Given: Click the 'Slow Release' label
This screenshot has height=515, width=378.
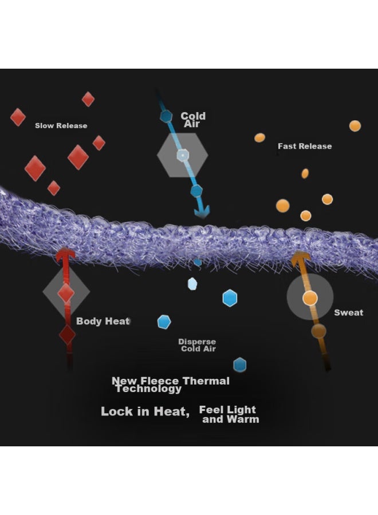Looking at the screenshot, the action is click(61, 125).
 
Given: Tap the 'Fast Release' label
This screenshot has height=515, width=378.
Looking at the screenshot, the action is click(305, 146).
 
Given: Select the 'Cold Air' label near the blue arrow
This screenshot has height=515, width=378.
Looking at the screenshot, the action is click(193, 120).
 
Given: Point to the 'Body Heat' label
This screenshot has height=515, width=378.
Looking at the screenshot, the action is click(103, 321).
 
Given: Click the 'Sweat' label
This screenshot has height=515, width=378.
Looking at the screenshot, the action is click(349, 312).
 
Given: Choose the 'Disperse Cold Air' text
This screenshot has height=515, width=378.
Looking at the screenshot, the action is click(197, 345).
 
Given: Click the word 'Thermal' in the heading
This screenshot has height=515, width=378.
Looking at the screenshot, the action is click(206, 381).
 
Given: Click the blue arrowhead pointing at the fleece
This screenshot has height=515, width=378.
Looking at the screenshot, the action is click(202, 212).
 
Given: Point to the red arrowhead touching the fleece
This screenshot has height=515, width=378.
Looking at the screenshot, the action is click(65, 255).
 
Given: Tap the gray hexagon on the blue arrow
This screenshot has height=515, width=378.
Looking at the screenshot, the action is click(183, 155).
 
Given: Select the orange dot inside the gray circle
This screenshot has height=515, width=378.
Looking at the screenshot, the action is click(310, 298).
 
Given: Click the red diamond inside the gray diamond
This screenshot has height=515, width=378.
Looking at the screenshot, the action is click(66, 293).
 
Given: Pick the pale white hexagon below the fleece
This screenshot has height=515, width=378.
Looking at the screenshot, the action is click(192, 284).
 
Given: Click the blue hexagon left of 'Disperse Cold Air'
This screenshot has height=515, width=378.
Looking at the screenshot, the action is click(164, 322).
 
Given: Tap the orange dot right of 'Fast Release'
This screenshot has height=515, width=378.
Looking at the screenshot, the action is click(355, 126).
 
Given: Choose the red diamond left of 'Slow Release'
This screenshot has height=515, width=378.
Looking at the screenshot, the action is click(18, 117).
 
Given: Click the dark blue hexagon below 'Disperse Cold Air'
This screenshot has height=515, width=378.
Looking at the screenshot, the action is click(240, 365).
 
